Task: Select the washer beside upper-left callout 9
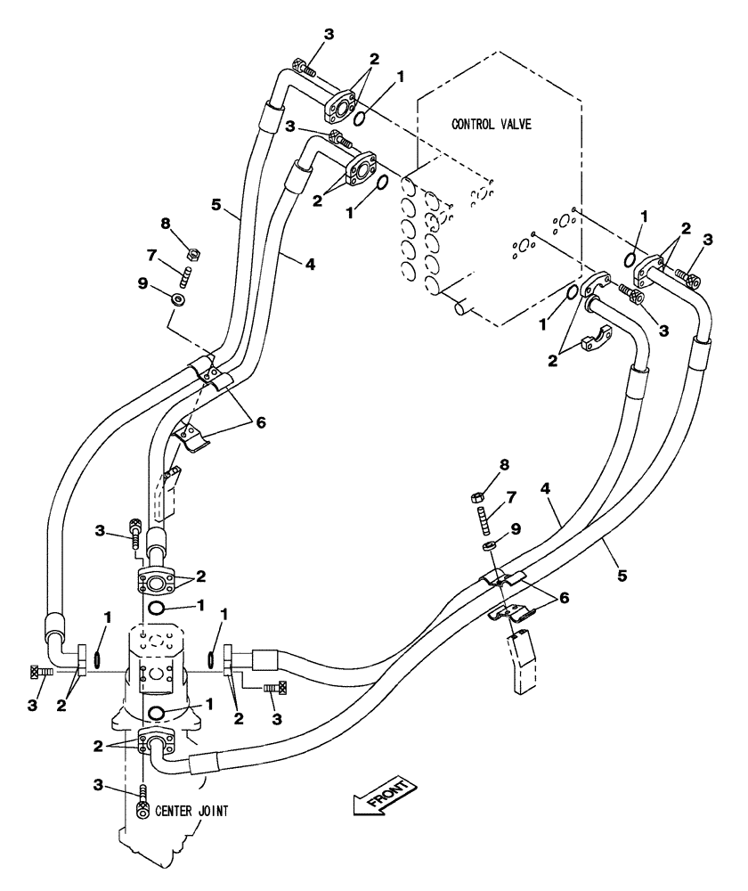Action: [x=180, y=299]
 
